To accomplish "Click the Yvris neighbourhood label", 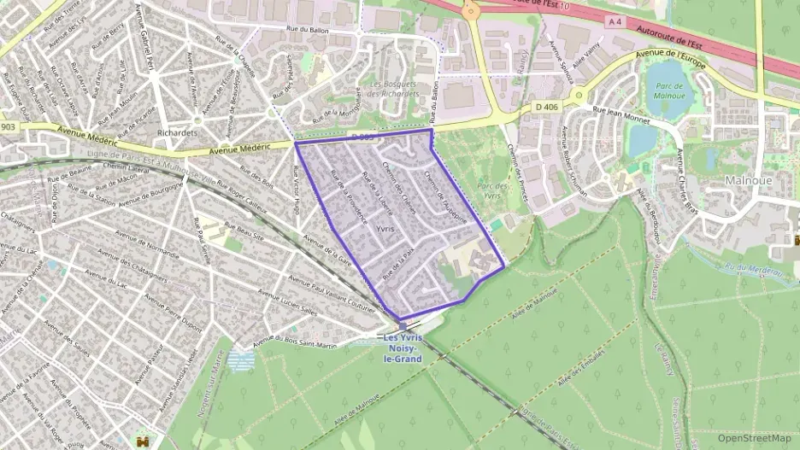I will click(385, 231).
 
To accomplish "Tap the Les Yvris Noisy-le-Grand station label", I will click(403, 348).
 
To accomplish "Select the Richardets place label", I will click(178, 134).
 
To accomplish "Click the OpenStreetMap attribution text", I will click(754, 438).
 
